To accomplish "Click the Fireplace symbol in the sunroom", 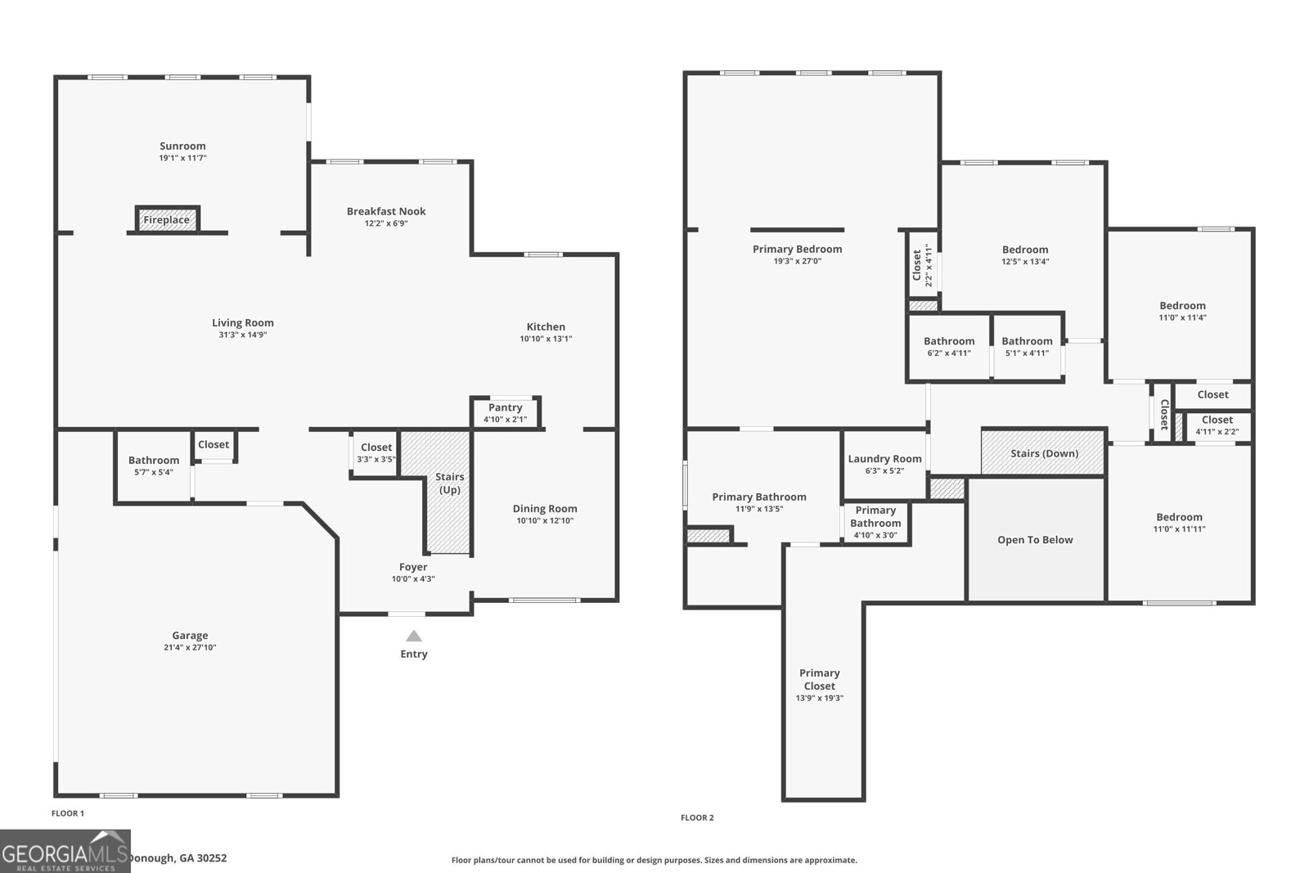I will pyautogui.click(x=167, y=219).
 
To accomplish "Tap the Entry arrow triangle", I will pyautogui.click(x=414, y=636).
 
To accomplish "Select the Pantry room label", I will pyautogui.click(x=506, y=407).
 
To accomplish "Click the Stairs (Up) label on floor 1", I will pyautogui.click(x=449, y=483).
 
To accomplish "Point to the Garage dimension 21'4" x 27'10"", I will pyautogui.click(x=190, y=647).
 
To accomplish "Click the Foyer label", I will pyautogui.click(x=413, y=567).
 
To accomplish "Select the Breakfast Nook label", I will pyautogui.click(x=386, y=211).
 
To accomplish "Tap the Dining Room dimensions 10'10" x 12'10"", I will pyautogui.click(x=545, y=520).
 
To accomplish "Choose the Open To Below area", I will pyautogui.click(x=1035, y=540).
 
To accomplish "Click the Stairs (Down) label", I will pyautogui.click(x=1044, y=453).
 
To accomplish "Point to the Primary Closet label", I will pyautogui.click(x=819, y=679).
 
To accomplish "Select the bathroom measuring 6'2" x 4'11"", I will pyautogui.click(x=949, y=347).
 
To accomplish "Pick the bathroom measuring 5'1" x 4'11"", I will pyautogui.click(x=1027, y=347).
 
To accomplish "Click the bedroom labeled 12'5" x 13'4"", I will pyautogui.click(x=1025, y=255).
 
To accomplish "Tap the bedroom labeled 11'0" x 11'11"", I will pyautogui.click(x=1179, y=523).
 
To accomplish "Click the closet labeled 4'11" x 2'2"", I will pyautogui.click(x=1217, y=425).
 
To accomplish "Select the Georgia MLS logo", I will pyautogui.click(x=65, y=852).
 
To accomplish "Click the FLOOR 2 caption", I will pyautogui.click(x=697, y=817).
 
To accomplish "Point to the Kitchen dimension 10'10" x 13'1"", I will pyautogui.click(x=546, y=339).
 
